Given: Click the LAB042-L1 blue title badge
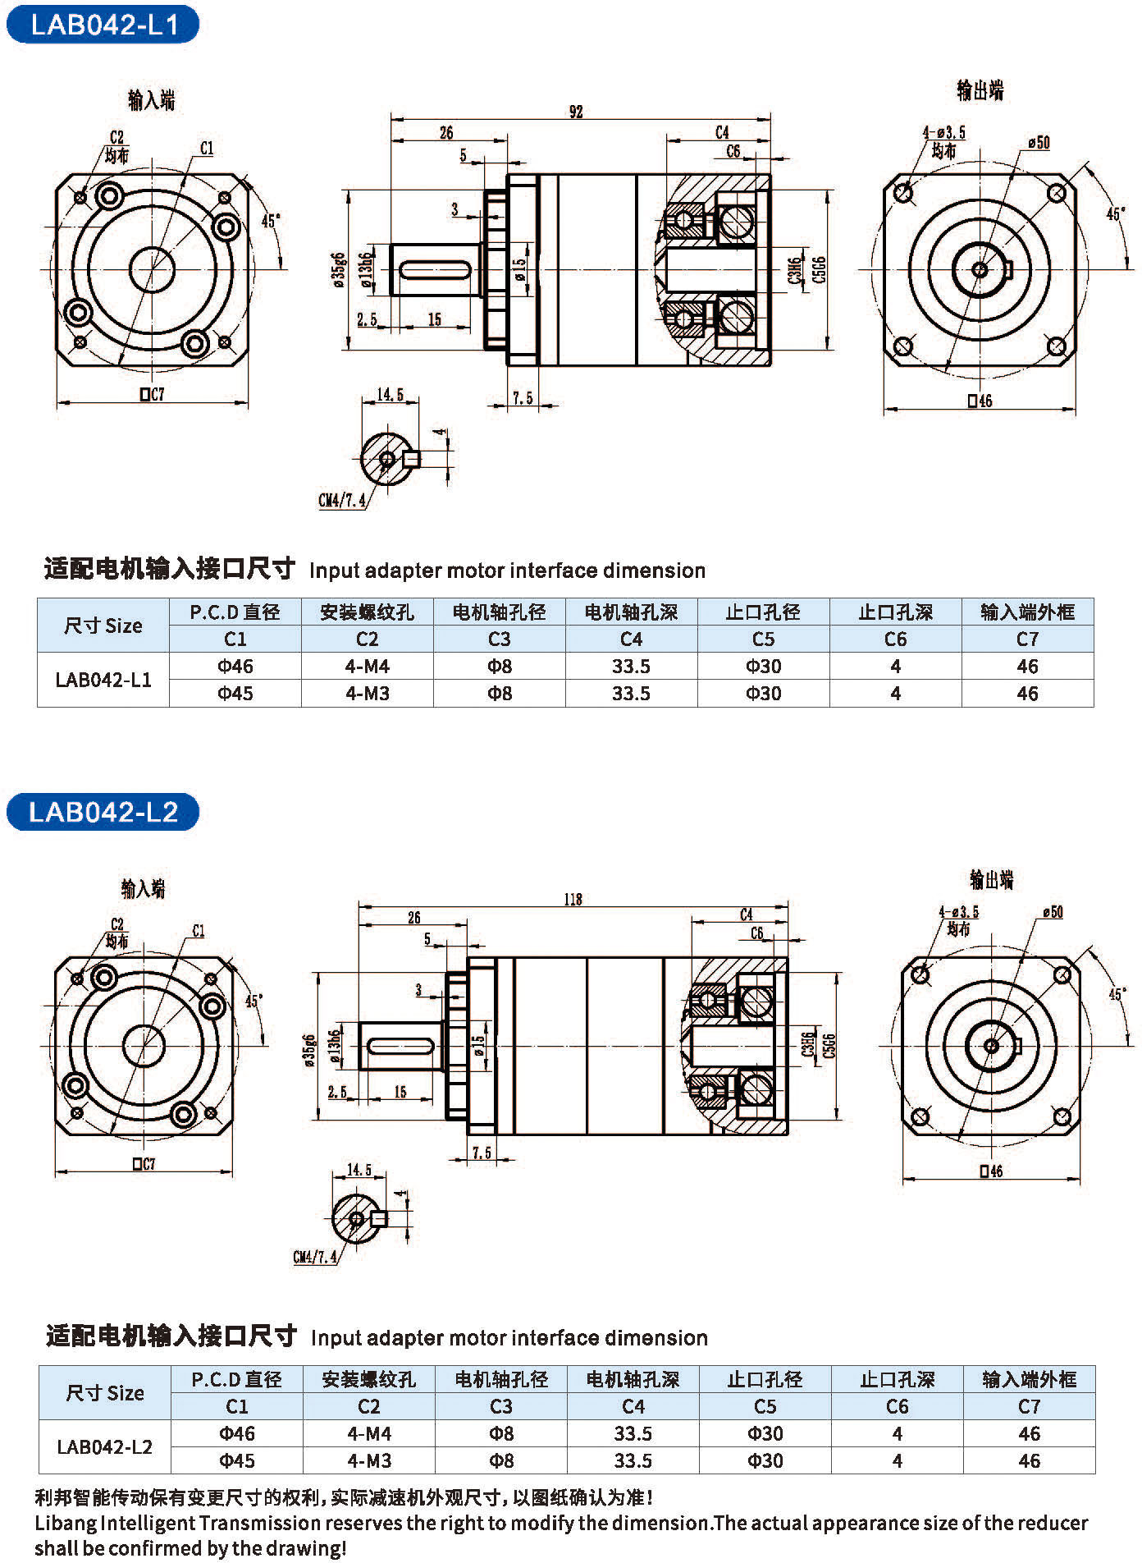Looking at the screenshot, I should coord(103,25).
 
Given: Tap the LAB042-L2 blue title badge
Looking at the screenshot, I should coord(103,812).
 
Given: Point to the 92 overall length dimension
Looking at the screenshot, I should coord(576,112).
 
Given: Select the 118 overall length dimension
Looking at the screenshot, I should coord(573,900).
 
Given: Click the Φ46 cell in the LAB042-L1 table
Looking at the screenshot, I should coord(235,667).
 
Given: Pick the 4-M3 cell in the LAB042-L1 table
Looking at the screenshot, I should coord(367,694).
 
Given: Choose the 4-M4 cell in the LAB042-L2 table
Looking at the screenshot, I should coord(369,1434).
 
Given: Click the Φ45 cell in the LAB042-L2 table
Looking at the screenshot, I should coord(237,1461).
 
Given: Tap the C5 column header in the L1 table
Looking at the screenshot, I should coord(763,639).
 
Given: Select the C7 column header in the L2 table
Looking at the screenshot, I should coord(1029,1407).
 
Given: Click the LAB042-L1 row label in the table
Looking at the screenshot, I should coord(103,680).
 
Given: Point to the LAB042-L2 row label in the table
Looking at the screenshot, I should coord(105,1447).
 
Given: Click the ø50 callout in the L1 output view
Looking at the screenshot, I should coord(1038,143).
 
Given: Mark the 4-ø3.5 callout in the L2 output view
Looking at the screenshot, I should coord(958,912).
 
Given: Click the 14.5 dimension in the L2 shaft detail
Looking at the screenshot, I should coord(359,1170).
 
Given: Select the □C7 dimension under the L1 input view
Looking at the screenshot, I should coord(152,395).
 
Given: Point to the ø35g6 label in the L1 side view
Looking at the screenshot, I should coord(339,271).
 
